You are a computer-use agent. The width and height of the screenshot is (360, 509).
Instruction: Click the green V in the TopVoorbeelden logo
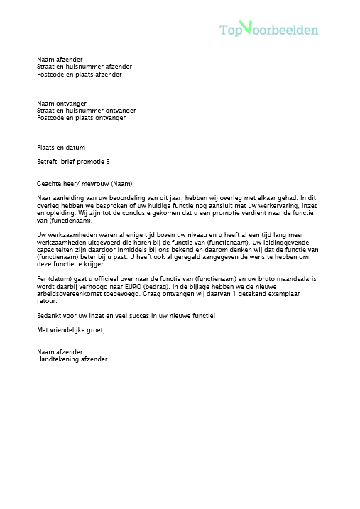[x=246, y=27]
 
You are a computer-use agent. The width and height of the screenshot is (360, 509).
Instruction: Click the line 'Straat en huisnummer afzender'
[x=84, y=67]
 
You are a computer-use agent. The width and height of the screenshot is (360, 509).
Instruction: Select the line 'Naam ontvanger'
[x=61, y=104]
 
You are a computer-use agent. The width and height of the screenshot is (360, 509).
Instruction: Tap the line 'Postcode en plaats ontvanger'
[x=81, y=118]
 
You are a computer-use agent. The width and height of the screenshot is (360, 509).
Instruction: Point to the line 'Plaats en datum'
[x=61, y=148]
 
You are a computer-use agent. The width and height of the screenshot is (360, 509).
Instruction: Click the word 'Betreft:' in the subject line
[x=48, y=162]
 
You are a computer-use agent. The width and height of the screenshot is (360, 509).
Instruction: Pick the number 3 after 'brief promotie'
[x=108, y=162]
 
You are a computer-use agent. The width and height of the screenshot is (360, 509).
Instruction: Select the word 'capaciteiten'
[x=55, y=250]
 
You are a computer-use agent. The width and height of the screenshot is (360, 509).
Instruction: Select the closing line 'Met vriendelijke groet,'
[x=70, y=330]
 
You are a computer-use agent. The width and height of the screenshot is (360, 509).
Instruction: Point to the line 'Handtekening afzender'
[x=72, y=359]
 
